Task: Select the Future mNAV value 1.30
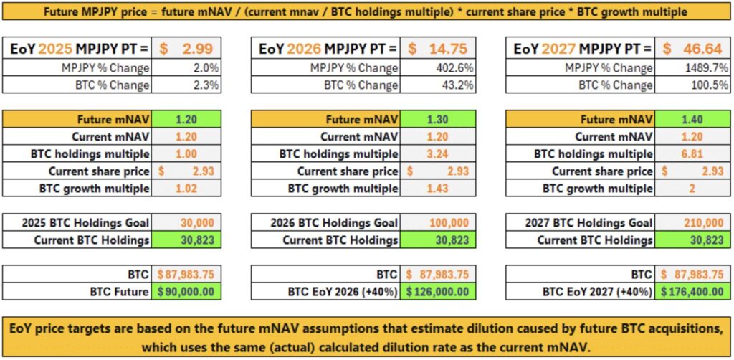[437, 120]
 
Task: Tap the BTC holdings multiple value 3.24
[437, 154]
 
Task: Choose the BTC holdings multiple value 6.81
[692, 154]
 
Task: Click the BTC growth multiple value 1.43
[437, 189]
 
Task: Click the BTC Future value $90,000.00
[183, 292]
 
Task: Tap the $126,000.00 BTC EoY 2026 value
[438, 292]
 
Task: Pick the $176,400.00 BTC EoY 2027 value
[692, 292]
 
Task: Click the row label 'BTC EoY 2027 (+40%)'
[597, 292]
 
